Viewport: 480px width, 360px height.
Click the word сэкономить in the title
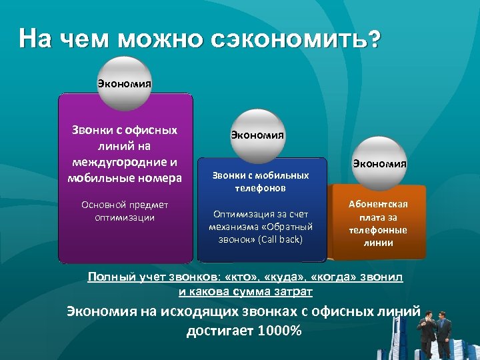296,39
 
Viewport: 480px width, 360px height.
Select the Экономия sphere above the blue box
257,135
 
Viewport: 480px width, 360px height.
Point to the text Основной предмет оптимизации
125,211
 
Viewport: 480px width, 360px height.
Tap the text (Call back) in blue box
279,239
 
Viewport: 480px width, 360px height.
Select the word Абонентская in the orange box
378,205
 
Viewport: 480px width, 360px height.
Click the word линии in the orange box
378,243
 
